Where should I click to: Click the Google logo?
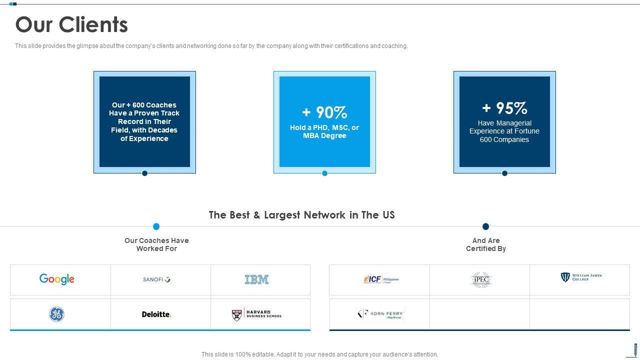pos(57,279)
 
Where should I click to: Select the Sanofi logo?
pos(156,279)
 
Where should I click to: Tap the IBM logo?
pos(256,279)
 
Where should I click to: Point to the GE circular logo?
pos(56,314)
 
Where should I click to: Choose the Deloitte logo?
pos(156,314)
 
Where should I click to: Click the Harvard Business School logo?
pos(257,314)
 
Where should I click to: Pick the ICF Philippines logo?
pos(381,279)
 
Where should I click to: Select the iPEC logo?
pos(481,279)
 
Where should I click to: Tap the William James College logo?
pos(581,277)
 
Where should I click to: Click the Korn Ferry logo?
pos(381,314)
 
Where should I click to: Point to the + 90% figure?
pos(324,112)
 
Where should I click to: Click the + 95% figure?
pos(504,108)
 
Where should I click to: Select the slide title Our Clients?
pos(71,24)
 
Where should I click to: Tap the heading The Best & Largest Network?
pos(301,215)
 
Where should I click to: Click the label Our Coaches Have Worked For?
pos(156,244)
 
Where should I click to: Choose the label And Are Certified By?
pos(486,244)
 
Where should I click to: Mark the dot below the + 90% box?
pos(324,173)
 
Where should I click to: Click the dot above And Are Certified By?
pos(485,226)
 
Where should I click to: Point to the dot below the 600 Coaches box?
pos(144,173)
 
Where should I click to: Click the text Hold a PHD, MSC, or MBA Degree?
pos(324,131)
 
